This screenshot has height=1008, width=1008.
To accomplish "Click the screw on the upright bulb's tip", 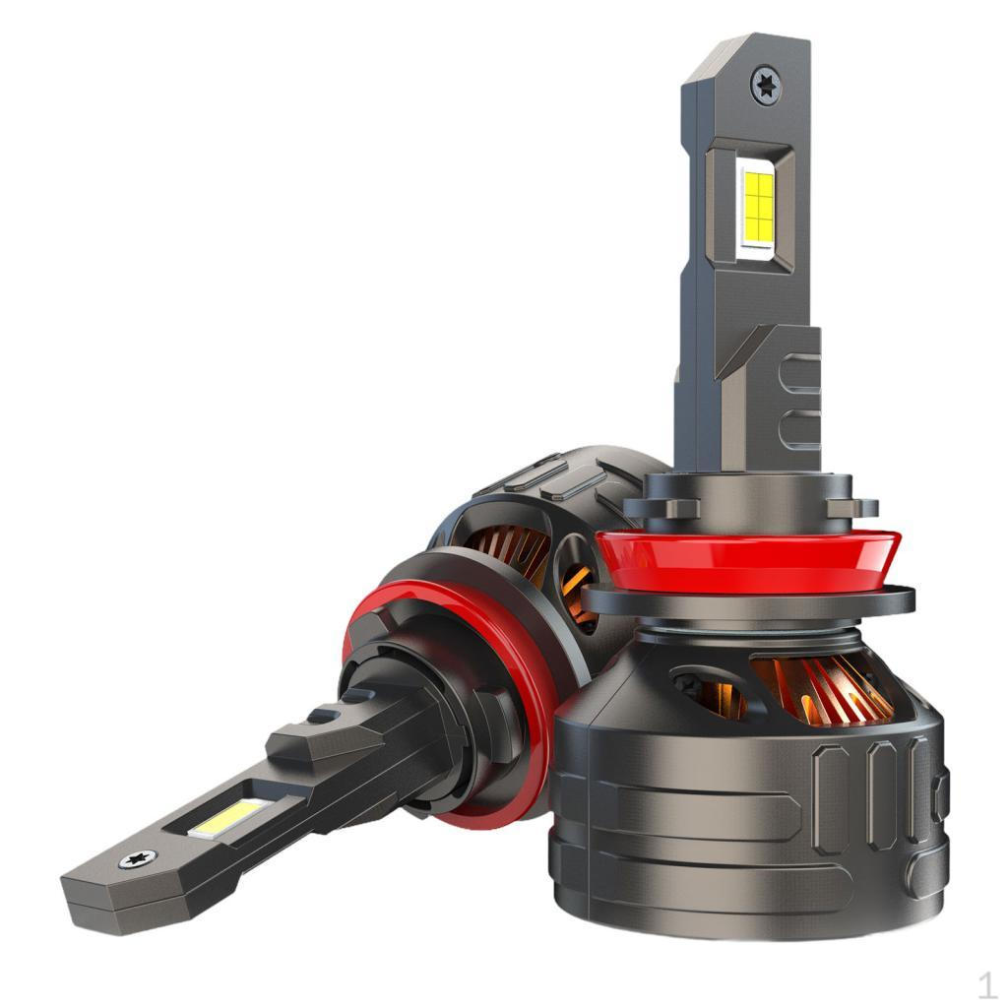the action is (x=766, y=85).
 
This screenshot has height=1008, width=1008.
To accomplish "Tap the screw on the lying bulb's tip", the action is (x=138, y=858).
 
